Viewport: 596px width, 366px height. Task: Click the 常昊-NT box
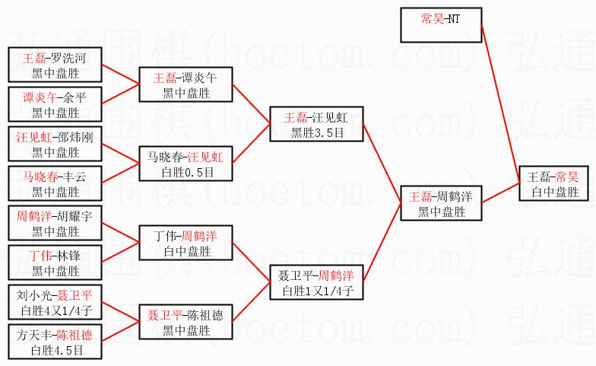click(x=441, y=24)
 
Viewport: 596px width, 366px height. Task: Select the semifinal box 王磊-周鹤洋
click(x=441, y=204)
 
